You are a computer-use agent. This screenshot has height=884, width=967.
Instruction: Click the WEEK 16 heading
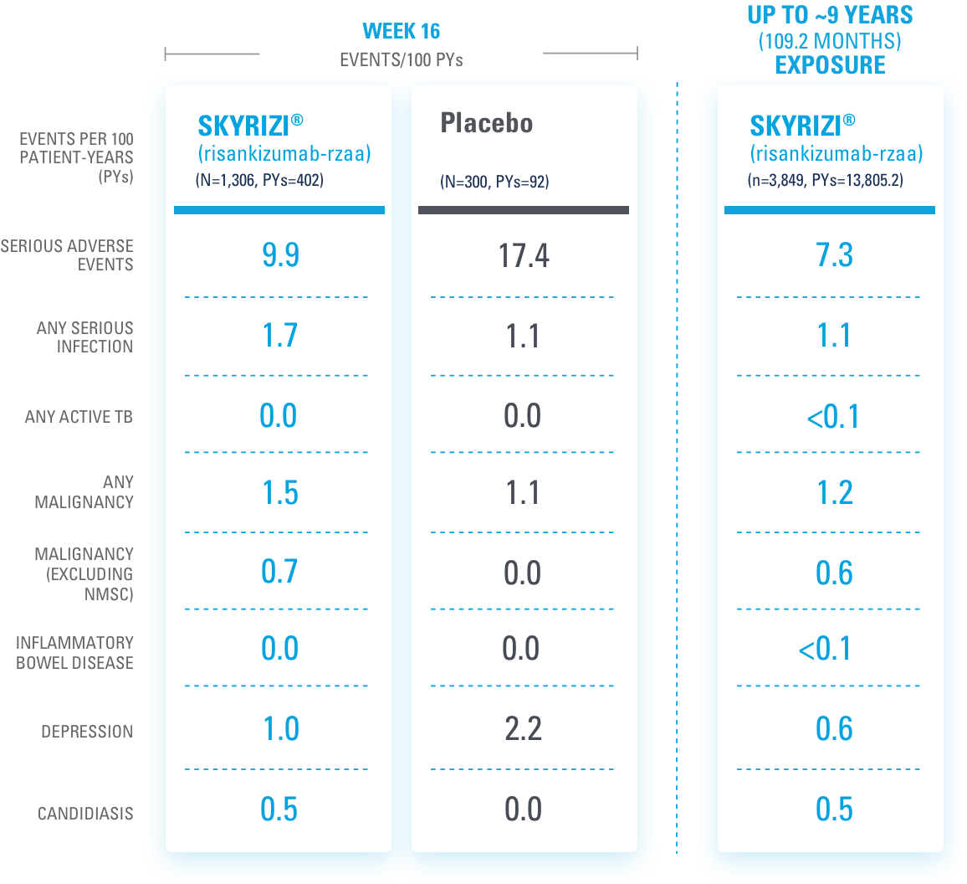pyautogui.click(x=401, y=32)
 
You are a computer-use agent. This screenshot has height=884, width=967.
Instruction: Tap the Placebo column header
pyautogui.click(x=486, y=124)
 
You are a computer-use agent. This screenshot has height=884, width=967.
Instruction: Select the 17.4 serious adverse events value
pyautogui.click(x=524, y=255)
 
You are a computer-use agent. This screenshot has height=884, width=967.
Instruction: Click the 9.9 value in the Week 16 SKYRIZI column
pyautogui.click(x=280, y=255)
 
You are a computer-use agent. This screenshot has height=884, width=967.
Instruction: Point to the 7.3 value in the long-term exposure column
pyautogui.click(x=834, y=255)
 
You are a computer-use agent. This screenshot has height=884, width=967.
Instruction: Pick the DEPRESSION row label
pyautogui.click(x=87, y=732)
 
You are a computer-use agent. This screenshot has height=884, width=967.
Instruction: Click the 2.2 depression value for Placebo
pyautogui.click(x=524, y=729)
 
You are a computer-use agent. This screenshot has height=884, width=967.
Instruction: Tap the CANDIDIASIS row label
pyautogui.click(x=85, y=814)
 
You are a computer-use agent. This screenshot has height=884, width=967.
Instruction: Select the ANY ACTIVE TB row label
pyautogui.click(x=79, y=417)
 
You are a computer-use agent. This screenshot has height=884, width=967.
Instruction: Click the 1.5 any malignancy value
pyautogui.click(x=280, y=494)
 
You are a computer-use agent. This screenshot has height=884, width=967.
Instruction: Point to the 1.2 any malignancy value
pyautogui.click(x=834, y=494)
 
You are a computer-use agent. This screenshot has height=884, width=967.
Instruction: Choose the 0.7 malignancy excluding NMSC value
pyautogui.click(x=280, y=573)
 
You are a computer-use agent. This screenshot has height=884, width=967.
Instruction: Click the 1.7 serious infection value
pyautogui.click(x=280, y=336)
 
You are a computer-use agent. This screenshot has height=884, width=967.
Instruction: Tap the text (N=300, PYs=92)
pyautogui.click(x=494, y=182)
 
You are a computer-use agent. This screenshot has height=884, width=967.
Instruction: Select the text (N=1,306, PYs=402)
pyautogui.click(x=260, y=180)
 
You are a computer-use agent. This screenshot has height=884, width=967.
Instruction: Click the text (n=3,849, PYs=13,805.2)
pyautogui.click(x=825, y=180)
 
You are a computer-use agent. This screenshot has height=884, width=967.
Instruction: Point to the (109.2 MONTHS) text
pyautogui.click(x=830, y=41)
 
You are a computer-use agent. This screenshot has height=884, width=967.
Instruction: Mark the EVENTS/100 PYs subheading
pyautogui.click(x=401, y=59)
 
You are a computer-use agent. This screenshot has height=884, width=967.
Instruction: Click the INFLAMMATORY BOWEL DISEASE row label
pyautogui.click(x=74, y=653)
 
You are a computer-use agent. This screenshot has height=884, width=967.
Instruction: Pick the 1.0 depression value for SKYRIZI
pyautogui.click(x=280, y=729)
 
